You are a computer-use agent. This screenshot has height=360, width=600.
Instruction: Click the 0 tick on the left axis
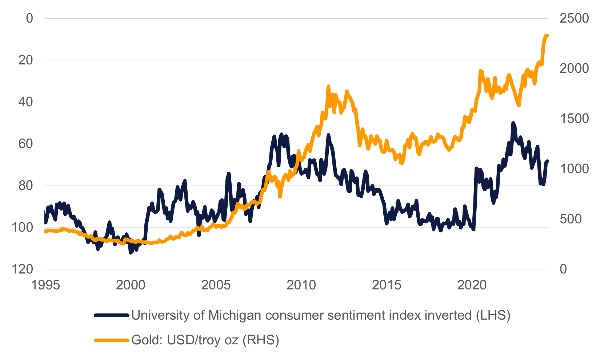click(x=29, y=18)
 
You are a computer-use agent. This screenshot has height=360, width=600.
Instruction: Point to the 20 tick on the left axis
click(x=26, y=60)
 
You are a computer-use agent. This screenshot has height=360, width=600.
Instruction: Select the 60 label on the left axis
click(x=26, y=144)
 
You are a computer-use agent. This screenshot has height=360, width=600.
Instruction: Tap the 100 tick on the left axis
click(x=22, y=228)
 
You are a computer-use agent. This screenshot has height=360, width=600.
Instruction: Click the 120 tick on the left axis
click(x=22, y=269)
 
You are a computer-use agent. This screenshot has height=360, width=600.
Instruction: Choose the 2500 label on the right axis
click(x=574, y=18)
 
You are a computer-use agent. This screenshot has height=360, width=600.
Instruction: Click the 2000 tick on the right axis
click(x=574, y=68)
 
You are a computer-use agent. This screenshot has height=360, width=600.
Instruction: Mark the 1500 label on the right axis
click(x=574, y=119)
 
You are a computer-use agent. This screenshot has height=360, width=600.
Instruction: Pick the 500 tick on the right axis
click(x=571, y=219)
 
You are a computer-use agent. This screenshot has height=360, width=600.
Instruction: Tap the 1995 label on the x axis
click(x=45, y=285)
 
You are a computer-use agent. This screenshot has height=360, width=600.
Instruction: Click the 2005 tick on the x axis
click(x=216, y=285)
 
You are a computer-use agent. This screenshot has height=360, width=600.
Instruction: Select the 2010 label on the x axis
click(x=301, y=285)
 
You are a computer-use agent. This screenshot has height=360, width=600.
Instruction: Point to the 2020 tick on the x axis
click(x=472, y=285)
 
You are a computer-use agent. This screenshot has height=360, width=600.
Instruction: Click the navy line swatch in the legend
click(x=112, y=315)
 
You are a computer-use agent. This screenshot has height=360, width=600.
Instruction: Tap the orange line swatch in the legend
click(x=112, y=340)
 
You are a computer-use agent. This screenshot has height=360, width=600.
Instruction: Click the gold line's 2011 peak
click(x=328, y=87)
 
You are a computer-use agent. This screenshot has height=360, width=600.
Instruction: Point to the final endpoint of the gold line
click(x=547, y=36)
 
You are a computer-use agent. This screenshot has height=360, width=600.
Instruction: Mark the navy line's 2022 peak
click(x=513, y=123)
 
